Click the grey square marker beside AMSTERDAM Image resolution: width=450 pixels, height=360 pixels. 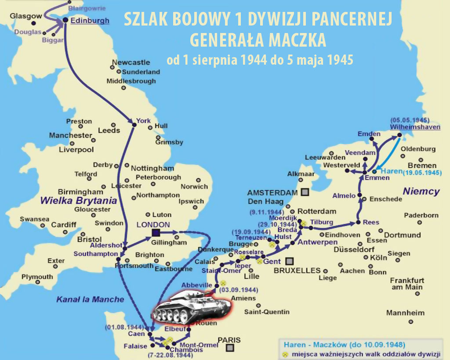(304, 192)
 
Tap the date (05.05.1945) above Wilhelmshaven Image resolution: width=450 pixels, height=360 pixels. (408, 120)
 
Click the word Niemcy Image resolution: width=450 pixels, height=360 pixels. (421, 192)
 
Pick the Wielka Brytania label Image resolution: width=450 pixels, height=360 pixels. (78, 200)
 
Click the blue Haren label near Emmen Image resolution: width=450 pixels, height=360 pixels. (389, 170)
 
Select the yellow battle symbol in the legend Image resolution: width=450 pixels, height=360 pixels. (285, 353)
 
